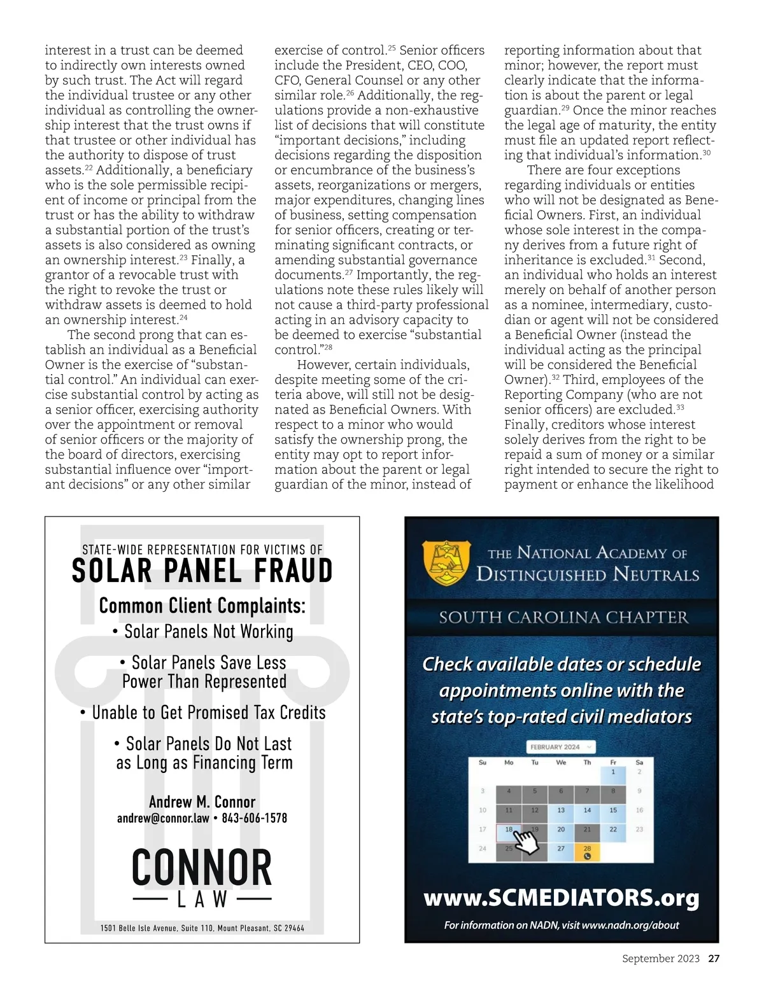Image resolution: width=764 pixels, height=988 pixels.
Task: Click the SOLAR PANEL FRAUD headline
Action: pyautogui.click(x=202, y=571)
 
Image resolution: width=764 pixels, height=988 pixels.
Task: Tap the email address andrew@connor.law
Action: pyautogui.click(x=163, y=818)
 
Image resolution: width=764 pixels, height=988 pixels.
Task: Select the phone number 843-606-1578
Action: pyautogui.click(x=254, y=818)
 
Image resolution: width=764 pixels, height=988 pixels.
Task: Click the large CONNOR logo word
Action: pyautogui.click(x=202, y=868)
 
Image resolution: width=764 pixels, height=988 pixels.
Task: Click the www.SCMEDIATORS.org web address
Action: pyautogui.click(x=561, y=898)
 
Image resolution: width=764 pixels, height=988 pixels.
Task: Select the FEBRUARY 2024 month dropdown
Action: pyautogui.click(x=560, y=747)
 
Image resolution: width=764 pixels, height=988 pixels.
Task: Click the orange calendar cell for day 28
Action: pyautogui.click(x=587, y=852)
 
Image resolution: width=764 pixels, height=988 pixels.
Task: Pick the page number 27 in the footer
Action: pyautogui.click(x=714, y=959)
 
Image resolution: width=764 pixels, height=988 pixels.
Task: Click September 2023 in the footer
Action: pyautogui.click(x=660, y=959)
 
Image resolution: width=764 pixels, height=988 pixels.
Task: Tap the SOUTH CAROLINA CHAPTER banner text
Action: pyautogui.click(x=563, y=617)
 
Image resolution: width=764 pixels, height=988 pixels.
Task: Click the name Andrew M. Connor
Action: pyautogui.click(x=202, y=802)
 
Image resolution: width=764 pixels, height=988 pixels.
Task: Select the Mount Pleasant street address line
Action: pyautogui.click(x=202, y=928)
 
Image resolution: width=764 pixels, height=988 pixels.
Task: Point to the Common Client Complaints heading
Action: pyautogui.click(x=202, y=606)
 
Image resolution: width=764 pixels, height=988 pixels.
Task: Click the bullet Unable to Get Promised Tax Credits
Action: pyautogui.click(x=203, y=713)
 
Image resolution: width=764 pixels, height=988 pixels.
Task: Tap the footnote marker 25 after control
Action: pyautogui.click(x=392, y=47)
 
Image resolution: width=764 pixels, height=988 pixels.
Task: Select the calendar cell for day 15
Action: pyautogui.click(x=613, y=811)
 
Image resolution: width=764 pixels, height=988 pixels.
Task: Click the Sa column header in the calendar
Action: pyautogui.click(x=639, y=762)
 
